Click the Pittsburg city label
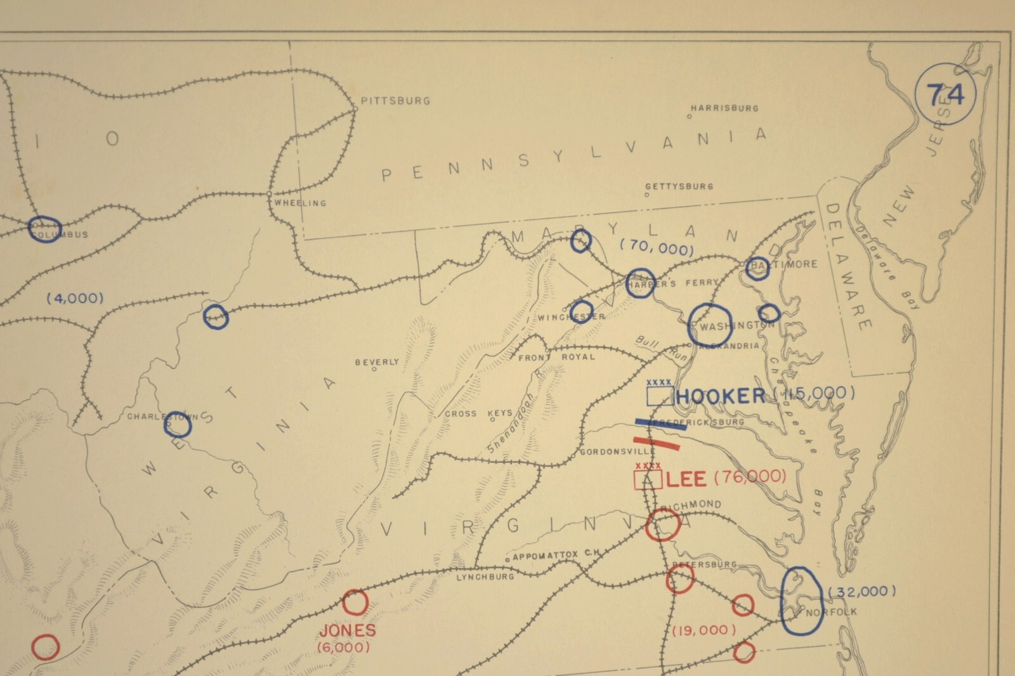click(395, 101)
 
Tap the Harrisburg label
click(724, 108)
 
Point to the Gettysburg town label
click(679, 186)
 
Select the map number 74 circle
click(945, 95)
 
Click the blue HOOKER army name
click(721, 396)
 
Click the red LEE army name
click(686, 479)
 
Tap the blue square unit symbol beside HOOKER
click(660, 396)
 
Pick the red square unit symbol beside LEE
click(648, 479)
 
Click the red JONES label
click(348, 630)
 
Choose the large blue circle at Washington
click(710, 325)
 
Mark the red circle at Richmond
click(663, 525)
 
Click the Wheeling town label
click(300, 203)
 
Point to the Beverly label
click(377, 362)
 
